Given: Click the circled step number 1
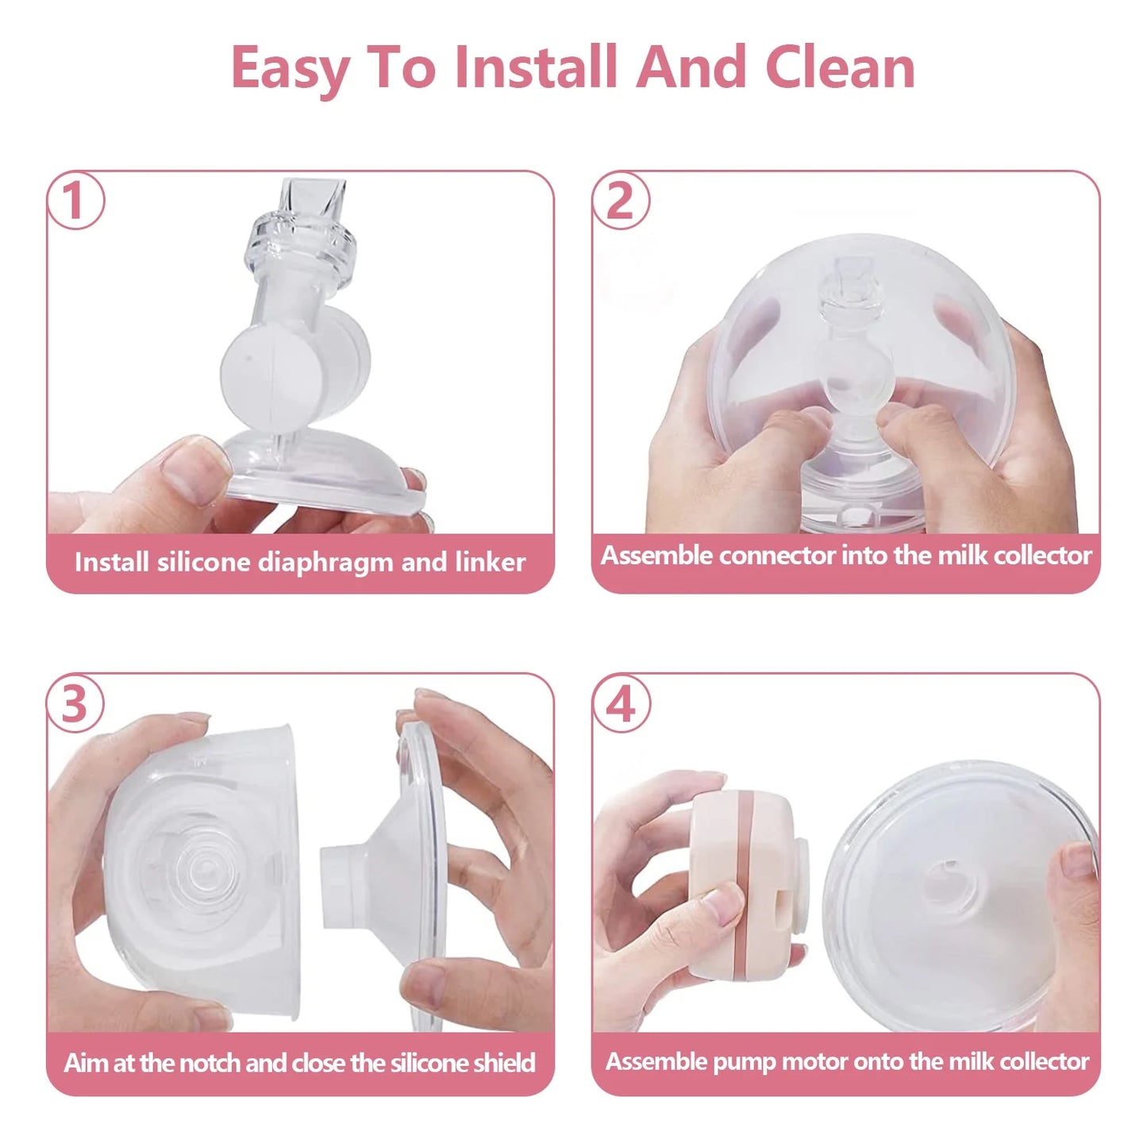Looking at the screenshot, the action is pos(75,201).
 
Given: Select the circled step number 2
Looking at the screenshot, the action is pos(621,201).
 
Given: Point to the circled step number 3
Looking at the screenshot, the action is pos(75,703).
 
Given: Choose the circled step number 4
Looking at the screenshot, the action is pos(621,703).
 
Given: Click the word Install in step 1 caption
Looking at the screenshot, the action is pos(112,563).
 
